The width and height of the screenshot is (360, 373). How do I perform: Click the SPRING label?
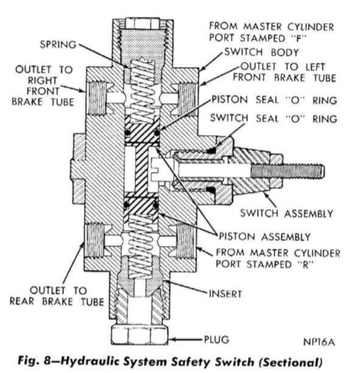tap(58, 44)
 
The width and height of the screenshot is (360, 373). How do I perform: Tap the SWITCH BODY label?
tap(262, 52)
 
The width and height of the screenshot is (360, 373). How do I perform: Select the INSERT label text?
tap(225, 294)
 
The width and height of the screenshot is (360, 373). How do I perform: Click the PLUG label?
tap(216, 340)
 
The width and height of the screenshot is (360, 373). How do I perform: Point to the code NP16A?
tap(319, 342)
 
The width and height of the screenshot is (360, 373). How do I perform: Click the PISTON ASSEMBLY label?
tap(265, 237)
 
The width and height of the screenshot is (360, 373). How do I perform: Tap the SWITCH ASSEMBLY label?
tap(287, 213)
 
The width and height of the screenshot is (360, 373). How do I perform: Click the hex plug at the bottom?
tap(139, 335)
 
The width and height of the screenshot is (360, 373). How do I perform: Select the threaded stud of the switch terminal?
tap(288, 171)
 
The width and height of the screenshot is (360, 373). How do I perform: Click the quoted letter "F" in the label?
tap(298, 38)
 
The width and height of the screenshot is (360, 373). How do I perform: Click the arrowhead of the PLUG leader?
tap(172, 339)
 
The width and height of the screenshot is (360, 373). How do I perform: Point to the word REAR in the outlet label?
tap(22, 301)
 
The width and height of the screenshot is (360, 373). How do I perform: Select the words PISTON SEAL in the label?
tap(245, 100)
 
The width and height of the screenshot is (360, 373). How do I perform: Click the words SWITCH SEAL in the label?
tap(244, 118)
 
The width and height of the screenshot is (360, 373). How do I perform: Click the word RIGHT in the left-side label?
tap(43, 80)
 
